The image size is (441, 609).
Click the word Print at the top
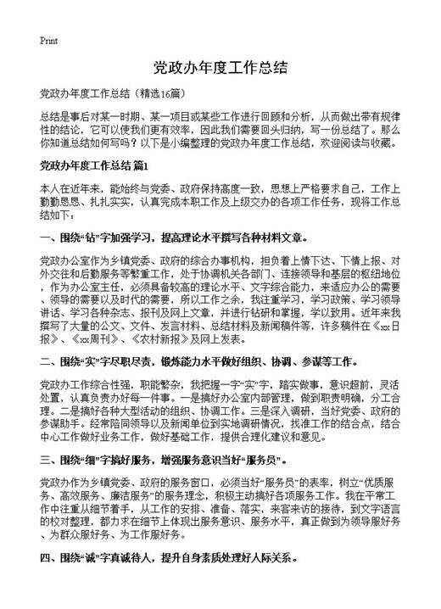(48, 41)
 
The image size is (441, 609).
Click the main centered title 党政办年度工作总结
(220, 67)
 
